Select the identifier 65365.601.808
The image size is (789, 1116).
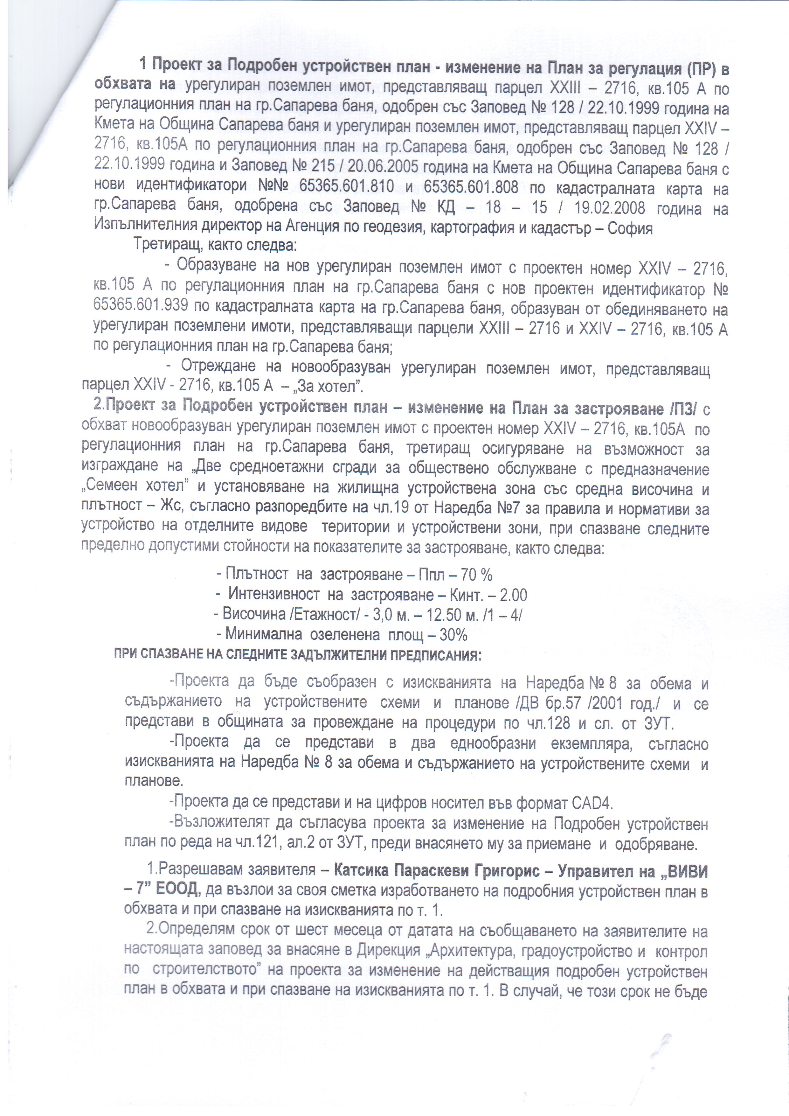(471, 187)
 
